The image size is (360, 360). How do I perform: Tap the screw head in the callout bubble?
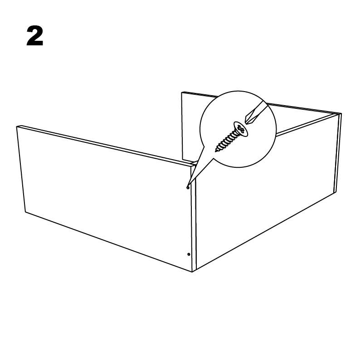pyautogui.click(x=241, y=129)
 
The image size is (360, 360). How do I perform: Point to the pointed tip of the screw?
pyautogui.click(x=216, y=151)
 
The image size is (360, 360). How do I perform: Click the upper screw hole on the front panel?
pyautogui.click(x=188, y=188)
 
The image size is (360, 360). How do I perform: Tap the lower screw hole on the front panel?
pyautogui.click(x=189, y=254)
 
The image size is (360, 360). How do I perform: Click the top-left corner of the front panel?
pyautogui.click(x=16, y=127)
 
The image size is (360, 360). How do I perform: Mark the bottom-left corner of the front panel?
pyautogui.click(x=25, y=212)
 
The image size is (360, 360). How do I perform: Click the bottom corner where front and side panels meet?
pyautogui.click(x=192, y=272)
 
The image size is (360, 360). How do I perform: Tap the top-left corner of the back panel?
pyautogui.click(x=182, y=92)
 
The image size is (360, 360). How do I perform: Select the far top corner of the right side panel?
pyautogui.click(x=341, y=113)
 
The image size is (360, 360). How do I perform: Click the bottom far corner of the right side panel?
pyautogui.click(x=336, y=193)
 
